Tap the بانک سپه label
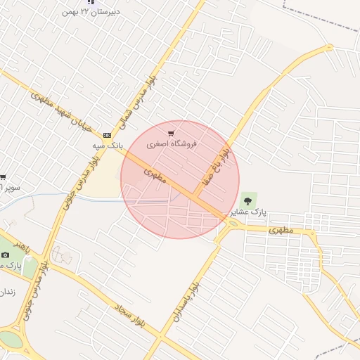(108, 145)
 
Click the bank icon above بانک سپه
(107, 135)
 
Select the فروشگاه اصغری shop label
(172, 143)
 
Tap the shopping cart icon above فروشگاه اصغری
(172, 133)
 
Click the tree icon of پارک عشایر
(246, 200)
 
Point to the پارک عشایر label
(250, 212)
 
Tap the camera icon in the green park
(6, 254)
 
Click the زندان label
(6, 290)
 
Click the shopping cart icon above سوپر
(3, 177)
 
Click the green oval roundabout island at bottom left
(10, 339)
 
